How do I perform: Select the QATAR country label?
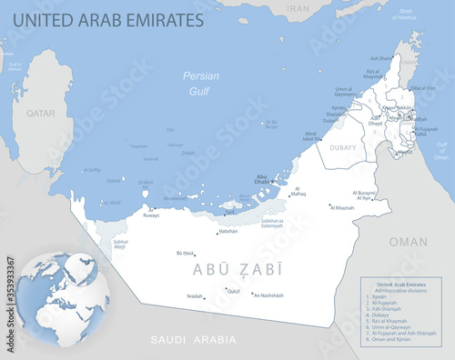point(40,114)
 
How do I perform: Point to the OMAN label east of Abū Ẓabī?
point(408,242)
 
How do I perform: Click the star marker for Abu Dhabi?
point(271,182)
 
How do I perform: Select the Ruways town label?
point(151,216)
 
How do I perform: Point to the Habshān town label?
point(227,231)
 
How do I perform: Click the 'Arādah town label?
point(195,296)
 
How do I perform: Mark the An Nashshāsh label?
point(268,295)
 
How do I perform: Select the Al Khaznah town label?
point(341,208)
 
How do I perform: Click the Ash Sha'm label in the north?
point(381,58)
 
